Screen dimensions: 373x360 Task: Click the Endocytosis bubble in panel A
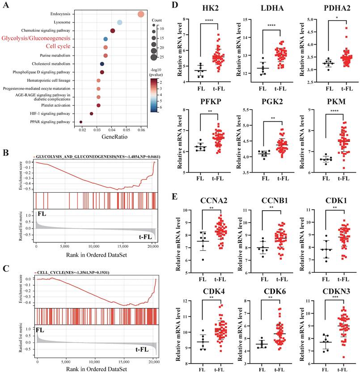pyautogui.click(x=141, y=14)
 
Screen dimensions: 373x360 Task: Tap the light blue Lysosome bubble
pyautogui.click(x=120, y=22)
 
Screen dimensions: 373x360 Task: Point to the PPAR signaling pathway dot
pyautogui.click(x=81, y=121)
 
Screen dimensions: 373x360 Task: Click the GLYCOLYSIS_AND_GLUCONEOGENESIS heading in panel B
pyautogui.click(x=97, y=157)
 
